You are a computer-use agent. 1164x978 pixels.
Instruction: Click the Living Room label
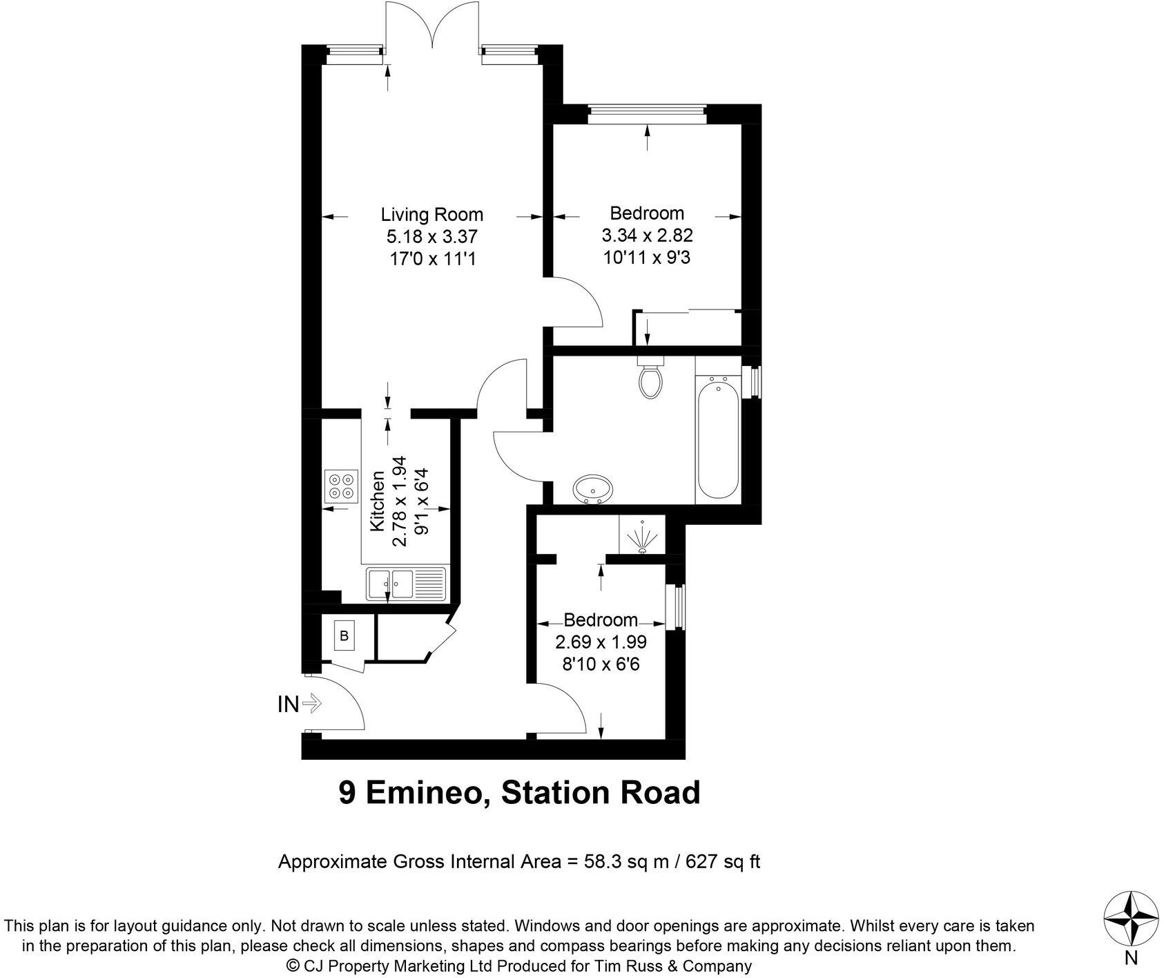click(431, 214)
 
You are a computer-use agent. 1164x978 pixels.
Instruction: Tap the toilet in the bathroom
click(650, 379)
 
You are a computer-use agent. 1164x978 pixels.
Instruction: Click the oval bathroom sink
click(592, 489)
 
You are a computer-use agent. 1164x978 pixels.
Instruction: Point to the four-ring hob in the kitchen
click(341, 486)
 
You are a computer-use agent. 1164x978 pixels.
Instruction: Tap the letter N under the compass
click(1130, 958)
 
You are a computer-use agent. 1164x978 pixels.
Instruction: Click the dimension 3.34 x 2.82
click(647, 236)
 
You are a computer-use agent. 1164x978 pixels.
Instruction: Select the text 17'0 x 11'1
click(431, 260)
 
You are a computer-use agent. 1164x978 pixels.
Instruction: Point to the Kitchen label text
click(378, 501)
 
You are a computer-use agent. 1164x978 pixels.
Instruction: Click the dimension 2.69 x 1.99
click(601, 642)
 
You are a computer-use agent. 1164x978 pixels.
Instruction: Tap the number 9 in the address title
click(347, 793)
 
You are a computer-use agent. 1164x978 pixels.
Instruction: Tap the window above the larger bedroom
click(647, 114)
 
